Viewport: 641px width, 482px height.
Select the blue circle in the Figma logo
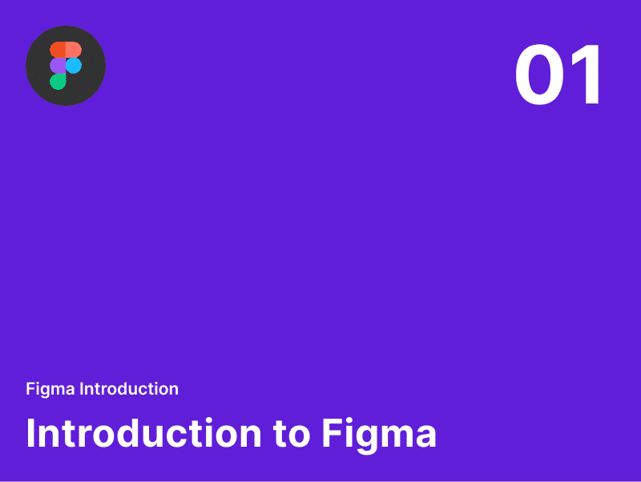(74, 65)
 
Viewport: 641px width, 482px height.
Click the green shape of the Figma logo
(58, 81)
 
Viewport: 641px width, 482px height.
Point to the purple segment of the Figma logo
(58, 65)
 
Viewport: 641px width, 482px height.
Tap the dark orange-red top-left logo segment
(58, 50)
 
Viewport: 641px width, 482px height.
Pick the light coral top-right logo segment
(73, 50)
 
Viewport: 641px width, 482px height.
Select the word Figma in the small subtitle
(50, 389)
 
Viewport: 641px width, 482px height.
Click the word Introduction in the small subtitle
(129, 389)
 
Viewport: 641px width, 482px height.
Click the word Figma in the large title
(379, 434)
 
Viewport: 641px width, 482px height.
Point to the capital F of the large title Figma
(333, 433)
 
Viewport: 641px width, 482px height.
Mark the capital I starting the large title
(30, 433)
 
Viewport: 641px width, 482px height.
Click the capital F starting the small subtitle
(30, 389)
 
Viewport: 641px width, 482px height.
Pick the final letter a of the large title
(425, 437)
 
